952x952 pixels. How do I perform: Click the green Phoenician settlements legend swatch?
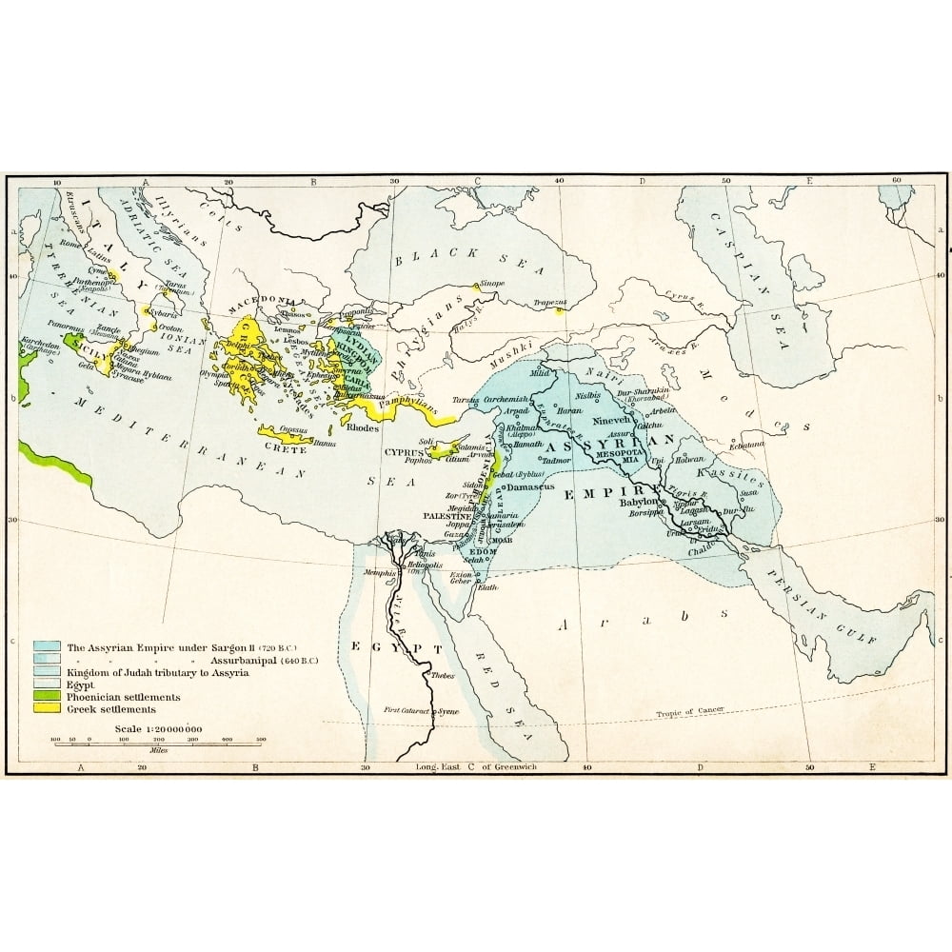coord(45,697)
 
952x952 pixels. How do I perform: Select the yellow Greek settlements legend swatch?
coord(45,709)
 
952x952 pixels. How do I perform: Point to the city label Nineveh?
coord(612,419)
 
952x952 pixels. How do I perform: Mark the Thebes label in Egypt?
coord(443,676)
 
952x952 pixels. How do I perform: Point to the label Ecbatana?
coord(747,445)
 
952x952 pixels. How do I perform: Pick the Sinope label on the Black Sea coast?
coord(491,283)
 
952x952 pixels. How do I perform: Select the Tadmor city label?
coord(555,460)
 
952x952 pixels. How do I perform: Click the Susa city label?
coord(749,493)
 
